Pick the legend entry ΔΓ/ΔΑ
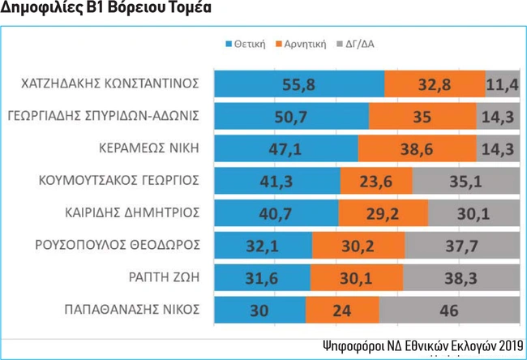tap(361, 45)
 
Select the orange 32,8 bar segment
tap(435, 84)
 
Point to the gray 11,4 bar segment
tap(503, 84)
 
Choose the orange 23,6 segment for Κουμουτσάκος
tap(376, 180)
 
